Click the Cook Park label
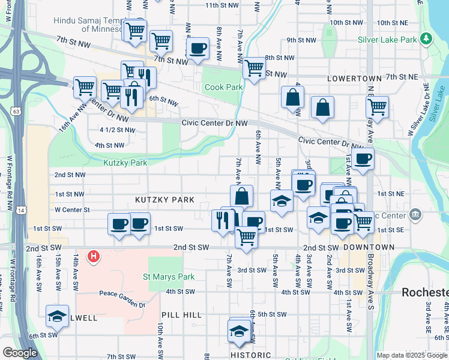click(223, 87)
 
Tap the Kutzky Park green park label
click(125, 163)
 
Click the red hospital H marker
click(93, 257)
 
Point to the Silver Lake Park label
click(387, 40)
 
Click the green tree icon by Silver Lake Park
click(426, 39)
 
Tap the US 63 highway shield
click(16, 111)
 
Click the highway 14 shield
click(22, 210)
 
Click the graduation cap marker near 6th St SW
click(57, 316)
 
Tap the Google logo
click(20, 353)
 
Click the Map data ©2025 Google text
click(411, 355)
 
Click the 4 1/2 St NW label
click(117, 130)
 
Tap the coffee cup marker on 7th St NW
click(197, 48)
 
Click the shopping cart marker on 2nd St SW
click(246, 236)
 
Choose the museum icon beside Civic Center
click(415, 214)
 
